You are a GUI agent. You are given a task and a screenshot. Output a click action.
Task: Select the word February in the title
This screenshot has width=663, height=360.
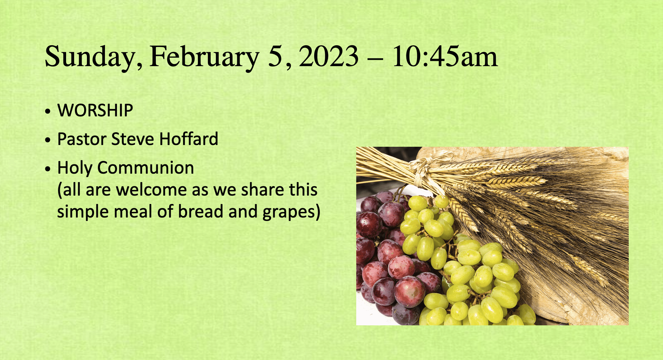205,57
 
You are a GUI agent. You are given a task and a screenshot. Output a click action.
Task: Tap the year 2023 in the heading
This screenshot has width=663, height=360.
329,56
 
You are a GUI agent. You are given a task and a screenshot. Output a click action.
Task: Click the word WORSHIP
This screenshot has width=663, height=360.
95,110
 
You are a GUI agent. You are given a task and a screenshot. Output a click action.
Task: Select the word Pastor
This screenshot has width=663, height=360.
82,139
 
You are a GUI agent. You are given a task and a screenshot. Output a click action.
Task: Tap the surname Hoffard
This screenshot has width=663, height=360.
189,139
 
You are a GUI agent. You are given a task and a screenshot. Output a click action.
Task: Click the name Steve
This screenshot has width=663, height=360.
133,139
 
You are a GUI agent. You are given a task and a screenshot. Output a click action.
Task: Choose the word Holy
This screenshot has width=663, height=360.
75,168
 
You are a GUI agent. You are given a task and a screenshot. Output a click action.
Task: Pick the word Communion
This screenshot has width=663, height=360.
146,168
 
